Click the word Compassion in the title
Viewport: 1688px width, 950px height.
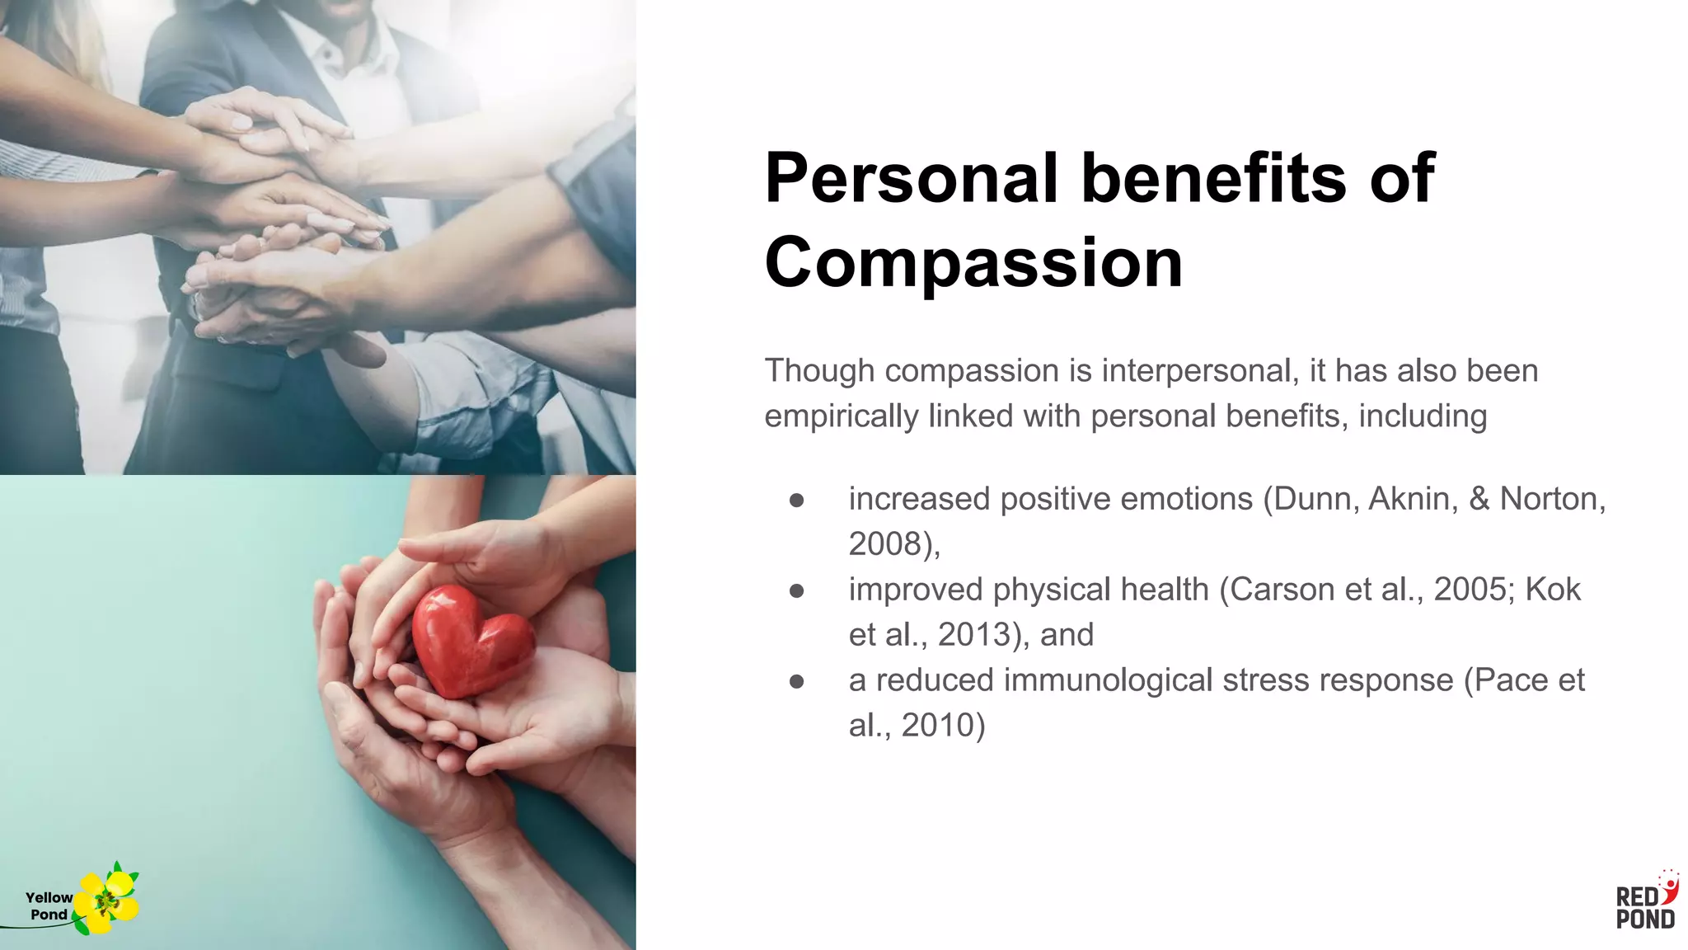tap(973, 263)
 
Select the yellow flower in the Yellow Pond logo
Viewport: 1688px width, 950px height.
tap(106, 901)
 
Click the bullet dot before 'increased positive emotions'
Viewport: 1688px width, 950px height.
tap(796, 500)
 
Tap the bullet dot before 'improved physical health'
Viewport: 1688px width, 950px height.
tap(796, 590)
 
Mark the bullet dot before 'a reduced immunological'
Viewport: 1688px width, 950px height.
tap(796, 681)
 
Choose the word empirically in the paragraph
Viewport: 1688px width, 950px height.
tap(842, 416)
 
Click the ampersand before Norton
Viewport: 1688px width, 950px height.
tap(1479, 499)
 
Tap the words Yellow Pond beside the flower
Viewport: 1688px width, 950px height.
tap(49, 905)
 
